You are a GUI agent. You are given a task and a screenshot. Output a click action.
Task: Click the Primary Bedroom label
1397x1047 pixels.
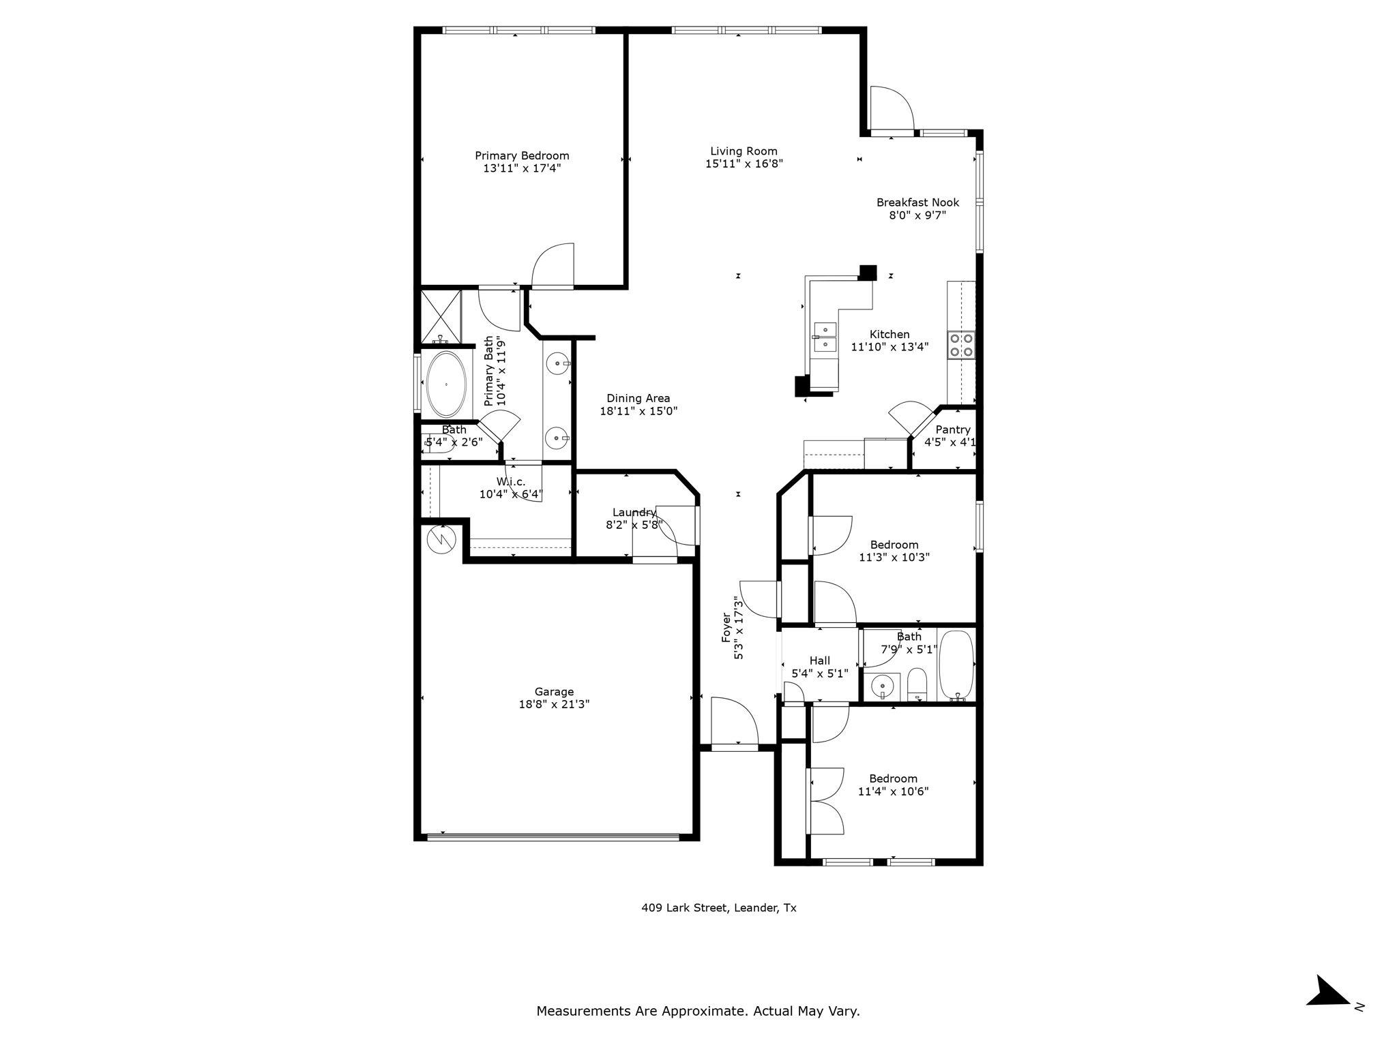point(522,155)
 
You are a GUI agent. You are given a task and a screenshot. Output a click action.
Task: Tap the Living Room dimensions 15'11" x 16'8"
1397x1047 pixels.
point(744,164)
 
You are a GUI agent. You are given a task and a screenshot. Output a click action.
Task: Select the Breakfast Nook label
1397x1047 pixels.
point(917,202)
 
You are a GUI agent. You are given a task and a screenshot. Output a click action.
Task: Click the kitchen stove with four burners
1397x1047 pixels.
point(961,345)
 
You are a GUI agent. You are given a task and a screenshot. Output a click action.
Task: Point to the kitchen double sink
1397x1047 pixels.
point(825,337)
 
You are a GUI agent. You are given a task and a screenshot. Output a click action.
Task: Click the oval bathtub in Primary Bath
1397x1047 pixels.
point(447,384)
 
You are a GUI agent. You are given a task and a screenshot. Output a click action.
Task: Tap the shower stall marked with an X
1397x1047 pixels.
point(441,316)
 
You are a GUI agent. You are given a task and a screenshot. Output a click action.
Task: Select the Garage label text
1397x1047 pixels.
point(554,692)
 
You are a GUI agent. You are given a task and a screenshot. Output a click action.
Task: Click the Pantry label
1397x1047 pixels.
point(952,429)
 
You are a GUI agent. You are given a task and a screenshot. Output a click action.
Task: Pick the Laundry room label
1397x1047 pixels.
point(634,513)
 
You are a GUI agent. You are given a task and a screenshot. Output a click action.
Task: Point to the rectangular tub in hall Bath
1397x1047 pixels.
point(957,665)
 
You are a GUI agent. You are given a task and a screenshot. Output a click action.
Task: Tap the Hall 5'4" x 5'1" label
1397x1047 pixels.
point(819,667)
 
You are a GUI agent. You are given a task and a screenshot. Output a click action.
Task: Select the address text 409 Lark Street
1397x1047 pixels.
point(718,908)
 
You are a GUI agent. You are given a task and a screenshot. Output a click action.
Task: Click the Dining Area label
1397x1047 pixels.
point(638,399)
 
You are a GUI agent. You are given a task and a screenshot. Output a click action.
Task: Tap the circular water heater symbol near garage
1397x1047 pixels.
point(441,540)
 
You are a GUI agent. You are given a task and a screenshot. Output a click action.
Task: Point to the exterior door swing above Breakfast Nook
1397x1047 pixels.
point(891,109)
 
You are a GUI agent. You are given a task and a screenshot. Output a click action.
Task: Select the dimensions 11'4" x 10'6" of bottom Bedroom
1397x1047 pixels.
point(893,791)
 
